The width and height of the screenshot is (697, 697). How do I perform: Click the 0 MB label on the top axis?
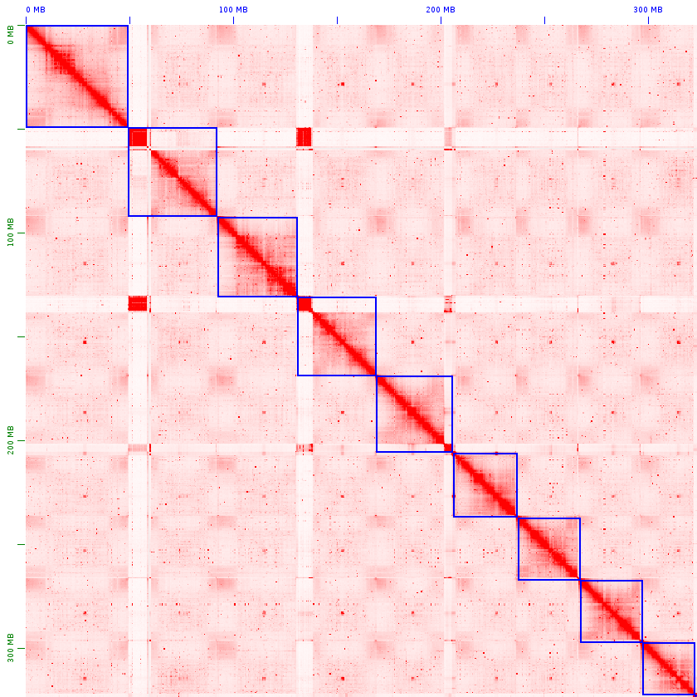[x=35, y=10]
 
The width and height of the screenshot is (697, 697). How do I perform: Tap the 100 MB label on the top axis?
[x=233, y=10]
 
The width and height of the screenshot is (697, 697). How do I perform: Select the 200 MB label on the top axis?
[x=441, y=10]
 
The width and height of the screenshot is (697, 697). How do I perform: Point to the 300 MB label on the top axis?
[x=648, y=10]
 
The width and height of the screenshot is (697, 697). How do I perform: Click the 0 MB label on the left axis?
[x=10, y=34]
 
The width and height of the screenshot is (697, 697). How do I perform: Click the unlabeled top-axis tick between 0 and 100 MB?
[x=130, y=20]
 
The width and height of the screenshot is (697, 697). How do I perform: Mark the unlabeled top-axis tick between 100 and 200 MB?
[x=338, y=20]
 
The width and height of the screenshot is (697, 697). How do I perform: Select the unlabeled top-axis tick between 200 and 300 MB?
[x=545, y=20]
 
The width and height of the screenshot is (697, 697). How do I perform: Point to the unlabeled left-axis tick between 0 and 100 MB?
[x=20, y=130]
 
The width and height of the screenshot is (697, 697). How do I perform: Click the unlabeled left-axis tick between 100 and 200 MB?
[x=20, y=337]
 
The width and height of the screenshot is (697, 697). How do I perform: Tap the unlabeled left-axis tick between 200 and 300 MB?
[x=20, y=545]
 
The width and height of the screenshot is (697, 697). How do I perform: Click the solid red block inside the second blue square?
[x=138, y=138]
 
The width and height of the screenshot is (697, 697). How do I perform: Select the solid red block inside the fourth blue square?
[x=305, y=305]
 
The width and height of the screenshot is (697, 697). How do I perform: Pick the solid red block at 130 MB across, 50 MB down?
[x=304, y=137]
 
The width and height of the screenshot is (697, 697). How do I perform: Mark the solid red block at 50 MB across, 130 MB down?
[x=138, y=303]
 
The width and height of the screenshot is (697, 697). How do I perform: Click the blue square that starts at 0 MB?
[x=77, y=76]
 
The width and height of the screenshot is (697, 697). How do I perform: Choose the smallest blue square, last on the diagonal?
[x=669, y=668]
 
